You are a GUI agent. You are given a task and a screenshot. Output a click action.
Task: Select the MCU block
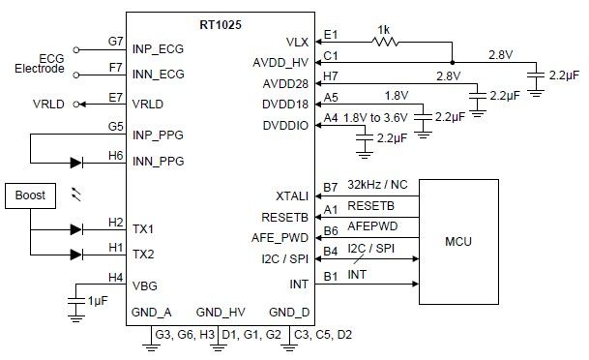pyautogui.click(x=457, y=238)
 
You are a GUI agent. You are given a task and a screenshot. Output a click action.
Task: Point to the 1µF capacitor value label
pyautogui.click(x=98, y=301)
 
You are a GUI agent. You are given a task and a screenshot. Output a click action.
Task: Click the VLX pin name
pyautogui.click(x=298, y=42)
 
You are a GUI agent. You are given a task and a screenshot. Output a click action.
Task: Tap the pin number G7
pyautogui.click(x=116, y=42)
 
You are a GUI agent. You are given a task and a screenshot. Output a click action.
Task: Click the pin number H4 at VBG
pyautogui.click(x=116, y=278)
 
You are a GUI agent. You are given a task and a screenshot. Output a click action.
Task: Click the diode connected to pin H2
pyautogui.click(x=78, y=230)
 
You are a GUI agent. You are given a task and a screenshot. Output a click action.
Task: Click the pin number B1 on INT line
pyautogui.click(x=331, y=276)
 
